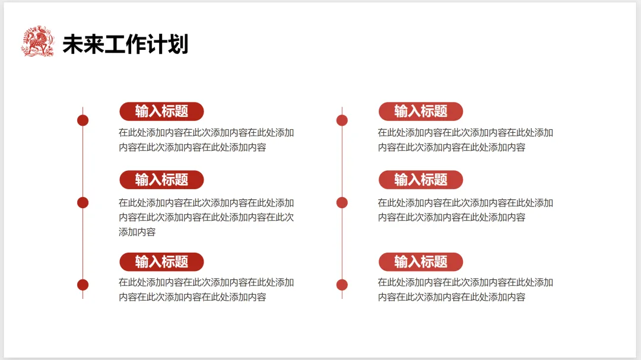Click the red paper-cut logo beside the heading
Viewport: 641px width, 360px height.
[37, 42]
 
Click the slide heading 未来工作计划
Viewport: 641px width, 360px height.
[125, 44]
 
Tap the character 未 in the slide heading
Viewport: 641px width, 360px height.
[73, 44]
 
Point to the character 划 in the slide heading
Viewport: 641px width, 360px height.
[177, 44]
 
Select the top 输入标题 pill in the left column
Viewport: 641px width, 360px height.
[161, 111]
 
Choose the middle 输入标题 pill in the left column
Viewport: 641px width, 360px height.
[161, 180]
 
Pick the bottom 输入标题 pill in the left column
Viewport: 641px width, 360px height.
[161, 262]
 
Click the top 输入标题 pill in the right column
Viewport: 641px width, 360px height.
[421, 111]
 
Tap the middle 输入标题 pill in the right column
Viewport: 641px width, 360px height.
[421, 180]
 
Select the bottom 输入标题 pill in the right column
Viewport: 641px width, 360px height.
[421, 262]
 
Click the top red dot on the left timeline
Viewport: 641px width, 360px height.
[83, 120]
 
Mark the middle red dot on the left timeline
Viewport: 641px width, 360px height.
[83, 202]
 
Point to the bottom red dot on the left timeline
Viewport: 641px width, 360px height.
[83, 285]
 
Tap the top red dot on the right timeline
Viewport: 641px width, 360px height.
[342, 120]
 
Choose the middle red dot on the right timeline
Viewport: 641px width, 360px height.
[342, 202]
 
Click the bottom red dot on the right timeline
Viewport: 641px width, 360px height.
[342, 285]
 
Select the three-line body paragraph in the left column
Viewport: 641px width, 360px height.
[206, 217]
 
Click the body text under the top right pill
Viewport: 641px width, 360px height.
[465, 140]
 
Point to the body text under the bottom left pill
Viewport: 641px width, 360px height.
[206, 289]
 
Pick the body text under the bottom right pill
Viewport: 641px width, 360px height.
[465, 289]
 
